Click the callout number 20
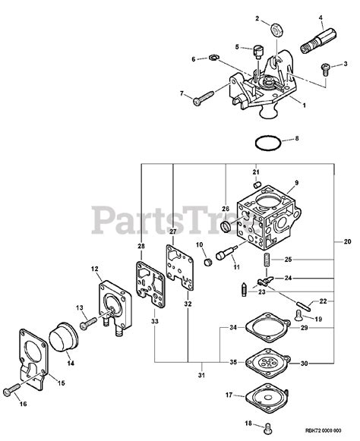tap(348, 242)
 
